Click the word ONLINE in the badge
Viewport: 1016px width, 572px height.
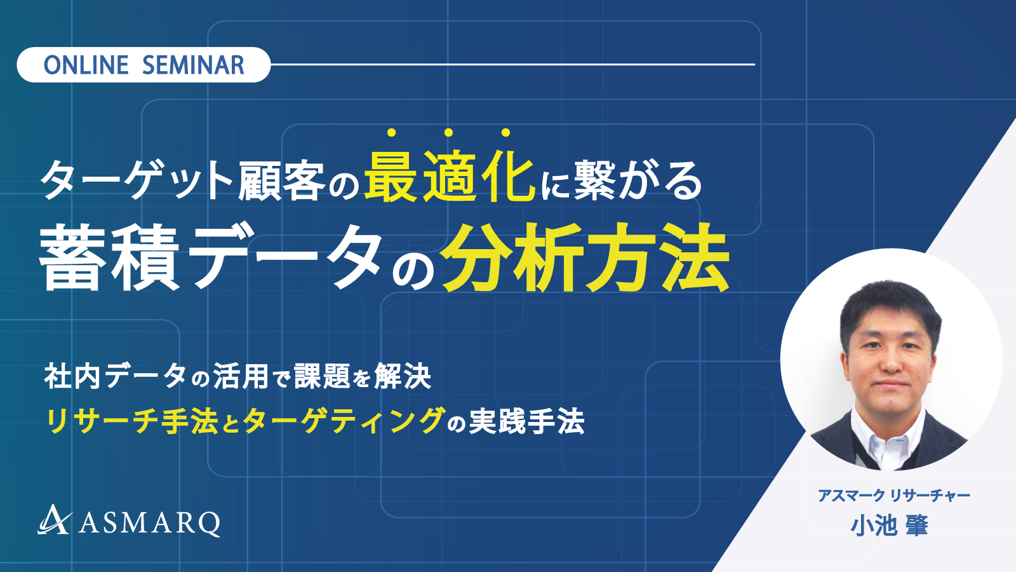coord(86,65)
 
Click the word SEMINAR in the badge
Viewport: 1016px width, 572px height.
coord(193,65)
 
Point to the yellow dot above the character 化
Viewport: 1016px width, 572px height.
coord(505,133)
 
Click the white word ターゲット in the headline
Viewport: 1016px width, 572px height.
coord(137,180)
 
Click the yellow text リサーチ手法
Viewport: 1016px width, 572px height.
coord(131,421)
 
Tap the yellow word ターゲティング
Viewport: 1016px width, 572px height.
coord(342,421)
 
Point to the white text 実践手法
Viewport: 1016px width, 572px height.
coord(526,421)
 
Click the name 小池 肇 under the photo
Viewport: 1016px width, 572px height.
coord(889,526)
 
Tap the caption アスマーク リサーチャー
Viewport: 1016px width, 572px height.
coord(894,495)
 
